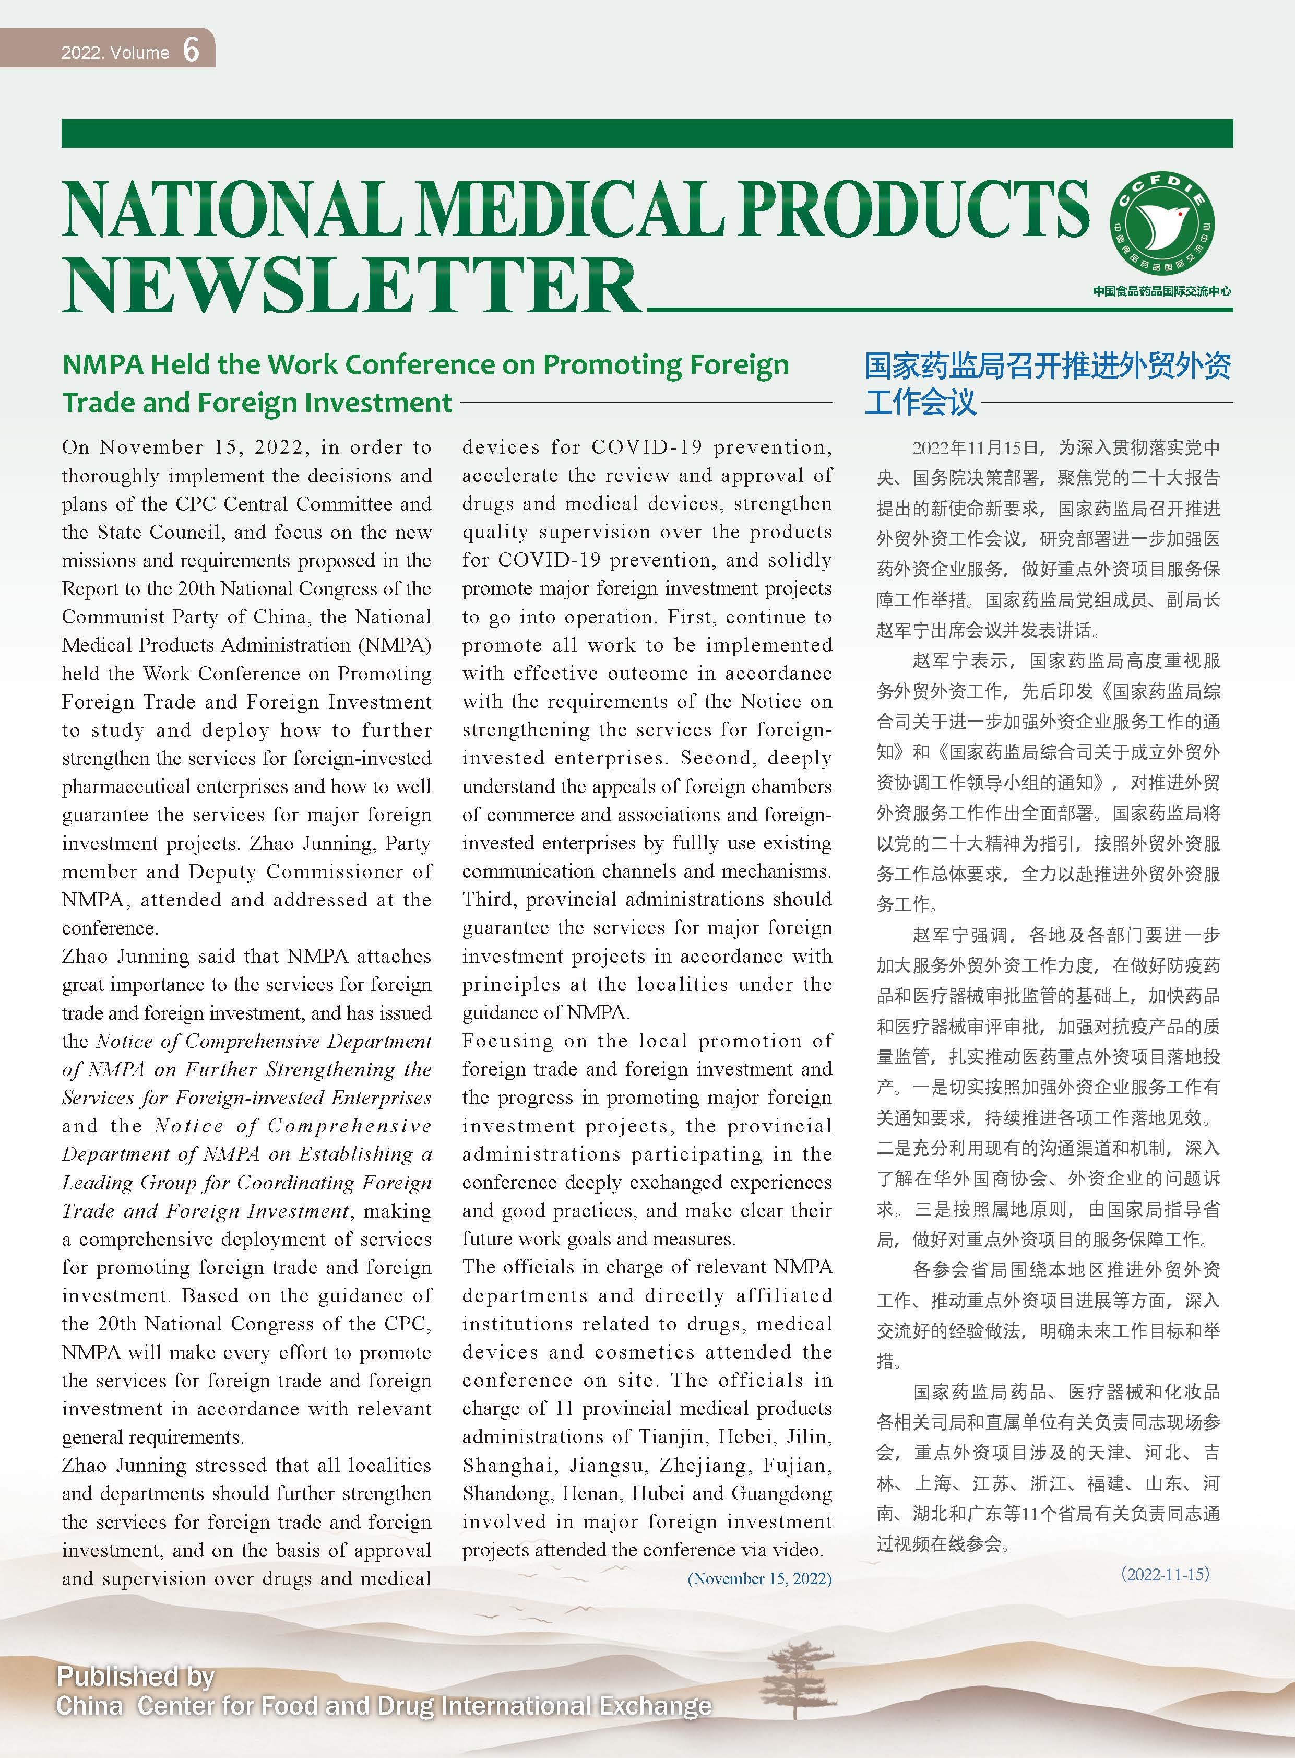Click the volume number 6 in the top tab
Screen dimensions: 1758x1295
pyautogui.click(x=191, y=50)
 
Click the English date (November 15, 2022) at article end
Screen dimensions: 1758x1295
pyautogui.click(x=759, y=1578)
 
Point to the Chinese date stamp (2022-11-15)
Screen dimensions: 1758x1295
pyautogui.click(x=1165, y=1574)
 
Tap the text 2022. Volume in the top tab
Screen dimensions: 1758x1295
pyautogui.click(x=115, y=53)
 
